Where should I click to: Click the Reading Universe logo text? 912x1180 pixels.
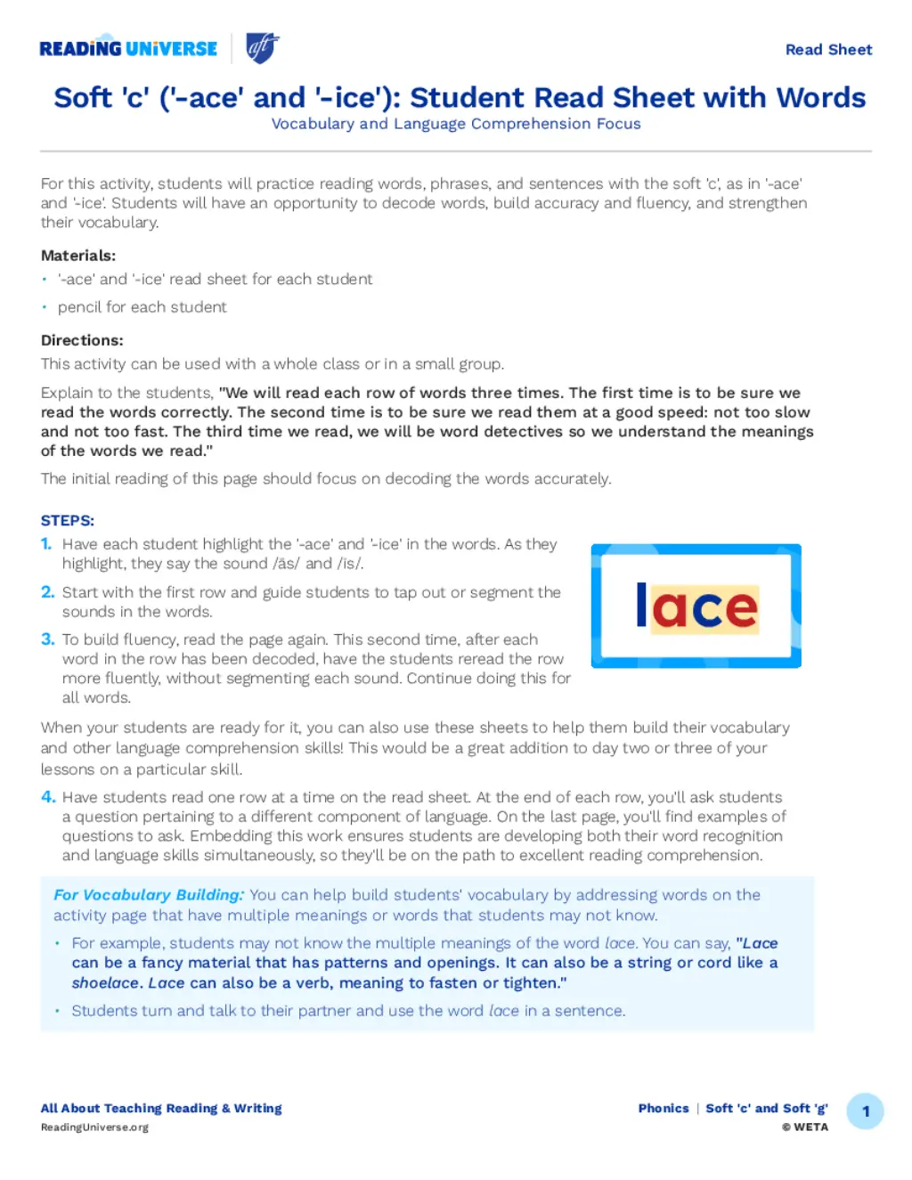coord(128,49)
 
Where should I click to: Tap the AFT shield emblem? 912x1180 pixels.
coord(262,48)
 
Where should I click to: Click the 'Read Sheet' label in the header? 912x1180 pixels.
coord(828,50)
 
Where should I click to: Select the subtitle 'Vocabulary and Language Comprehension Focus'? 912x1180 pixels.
coord(456,124)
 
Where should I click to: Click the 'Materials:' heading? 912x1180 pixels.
coord(78,256)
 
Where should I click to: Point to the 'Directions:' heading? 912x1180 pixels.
coord(82,340)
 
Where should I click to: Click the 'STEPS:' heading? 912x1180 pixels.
coord(68,520)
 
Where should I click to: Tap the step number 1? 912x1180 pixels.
coord(46,544)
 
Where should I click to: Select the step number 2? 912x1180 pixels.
coord(48,592)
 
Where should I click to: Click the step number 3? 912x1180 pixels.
coord(48,639)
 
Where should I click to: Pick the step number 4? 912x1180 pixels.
coord(48,797)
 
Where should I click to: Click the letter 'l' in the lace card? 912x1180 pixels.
coord(641,606)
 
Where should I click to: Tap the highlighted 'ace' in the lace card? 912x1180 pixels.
coord(704,609)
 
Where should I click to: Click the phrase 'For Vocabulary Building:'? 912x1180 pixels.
coord(149,895)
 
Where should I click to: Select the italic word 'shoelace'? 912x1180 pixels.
coord(106,983)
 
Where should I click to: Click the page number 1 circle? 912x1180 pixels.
coord(865,1111)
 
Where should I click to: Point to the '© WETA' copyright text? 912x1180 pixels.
coord(805,1127)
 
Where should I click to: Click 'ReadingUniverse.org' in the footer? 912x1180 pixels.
coord(94,1127)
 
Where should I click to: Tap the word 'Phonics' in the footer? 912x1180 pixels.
coord(664,1109)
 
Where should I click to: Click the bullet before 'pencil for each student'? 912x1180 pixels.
coord(44,307)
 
